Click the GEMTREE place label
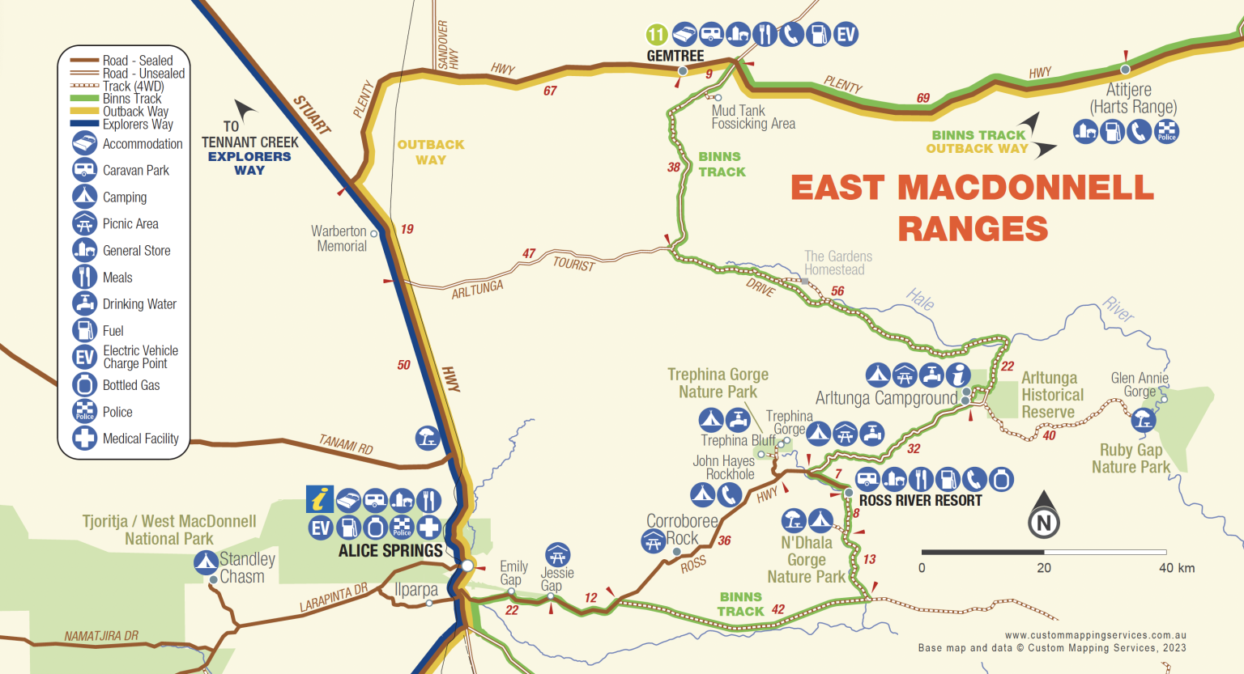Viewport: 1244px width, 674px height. pyautogui.click(x=675, y=56)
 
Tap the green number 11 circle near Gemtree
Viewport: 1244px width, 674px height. pyautogui.click(x=656, y=35)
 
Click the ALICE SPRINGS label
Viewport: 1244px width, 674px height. pyautogui.click(x=390, y=551)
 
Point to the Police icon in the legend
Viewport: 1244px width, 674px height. pyautogui.click(x=85, y=412)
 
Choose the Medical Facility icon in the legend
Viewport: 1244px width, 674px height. pyautogui.click(x=85, y=439)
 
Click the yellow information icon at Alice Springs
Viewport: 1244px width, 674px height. pyautogui.click(x=320, y=500)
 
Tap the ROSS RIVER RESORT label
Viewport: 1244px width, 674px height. pyautogui.click(x=920, y=501)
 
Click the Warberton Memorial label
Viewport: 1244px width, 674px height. pyautogui.click(x=339, y=239)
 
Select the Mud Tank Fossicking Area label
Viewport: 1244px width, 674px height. pyautogui.click(x=752, y=117)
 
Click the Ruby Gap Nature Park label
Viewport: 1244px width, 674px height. pyautogui.click(x=1131, y=459)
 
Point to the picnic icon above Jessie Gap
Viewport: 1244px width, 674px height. pyautogui.click(x=557, y=555)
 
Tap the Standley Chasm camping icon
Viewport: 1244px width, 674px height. pyautogui.click(x=206, y=561)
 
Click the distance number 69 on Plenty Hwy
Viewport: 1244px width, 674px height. pyautogui.click(x=923, y=98)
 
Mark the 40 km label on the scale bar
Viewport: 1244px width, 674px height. pyautogui.click(x=1176, y=568)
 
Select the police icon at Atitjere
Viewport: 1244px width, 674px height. pyautogui.click(x=1166, y=131)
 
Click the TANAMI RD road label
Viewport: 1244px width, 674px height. pyautogui.click(x=346, y=443)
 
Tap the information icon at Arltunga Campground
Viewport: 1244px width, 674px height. pyautogui.click(x=958, y=375)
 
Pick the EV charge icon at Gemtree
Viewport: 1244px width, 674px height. pyautogui.click(x=846, y=34)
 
